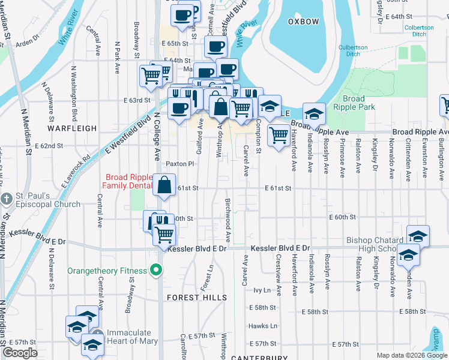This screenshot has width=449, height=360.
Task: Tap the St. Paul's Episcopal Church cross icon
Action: (x=7, y=199)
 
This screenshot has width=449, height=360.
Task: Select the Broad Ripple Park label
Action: (x=358, y=103)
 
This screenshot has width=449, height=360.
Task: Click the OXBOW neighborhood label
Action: (x=303, y=22)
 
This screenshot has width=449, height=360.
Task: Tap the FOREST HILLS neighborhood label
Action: (x=196, y=298)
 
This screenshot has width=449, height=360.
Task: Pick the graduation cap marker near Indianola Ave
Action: (x=314, y=114)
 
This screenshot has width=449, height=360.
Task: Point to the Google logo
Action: (x=20, y=353)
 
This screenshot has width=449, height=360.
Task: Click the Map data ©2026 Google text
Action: (x=411, y=355)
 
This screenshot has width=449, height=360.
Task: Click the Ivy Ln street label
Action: (x=262, y=290)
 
